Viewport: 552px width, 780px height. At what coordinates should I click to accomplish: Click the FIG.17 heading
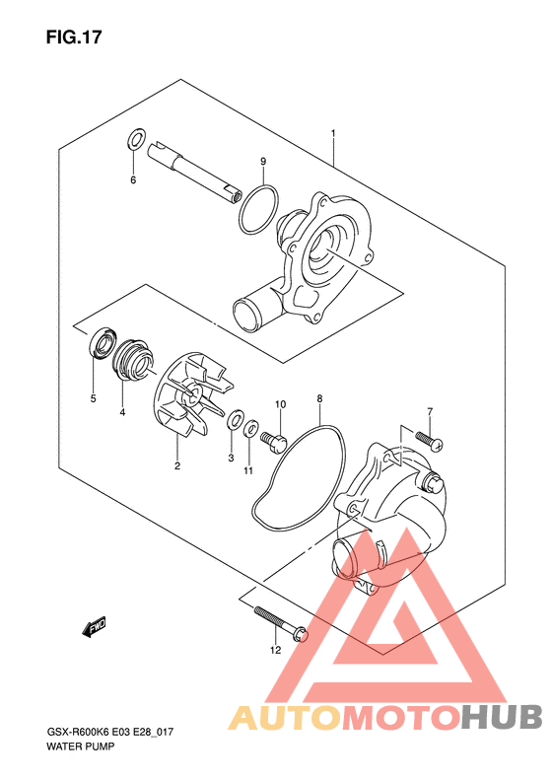pos(74,37)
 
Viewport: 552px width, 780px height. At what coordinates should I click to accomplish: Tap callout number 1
pos(333,133)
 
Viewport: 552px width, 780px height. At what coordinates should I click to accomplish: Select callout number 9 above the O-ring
pos(263,162)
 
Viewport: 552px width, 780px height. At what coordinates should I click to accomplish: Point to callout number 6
pos(133,180)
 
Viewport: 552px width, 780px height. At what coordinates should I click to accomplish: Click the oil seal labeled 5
pos(103,342)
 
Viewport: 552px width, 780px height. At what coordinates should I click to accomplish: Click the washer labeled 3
pos(235,420)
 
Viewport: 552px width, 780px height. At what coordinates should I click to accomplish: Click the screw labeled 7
pos(429,441)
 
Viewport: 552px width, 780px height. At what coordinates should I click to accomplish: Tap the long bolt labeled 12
pos(281,624)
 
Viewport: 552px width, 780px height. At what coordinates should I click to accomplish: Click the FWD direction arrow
pos(95,627)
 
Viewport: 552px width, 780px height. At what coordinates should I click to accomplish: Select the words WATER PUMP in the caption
pos(81,746)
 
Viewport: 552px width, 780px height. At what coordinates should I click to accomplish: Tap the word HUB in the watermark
pos(501,716)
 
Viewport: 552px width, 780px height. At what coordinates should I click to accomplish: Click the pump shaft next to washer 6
pos(195,172)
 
